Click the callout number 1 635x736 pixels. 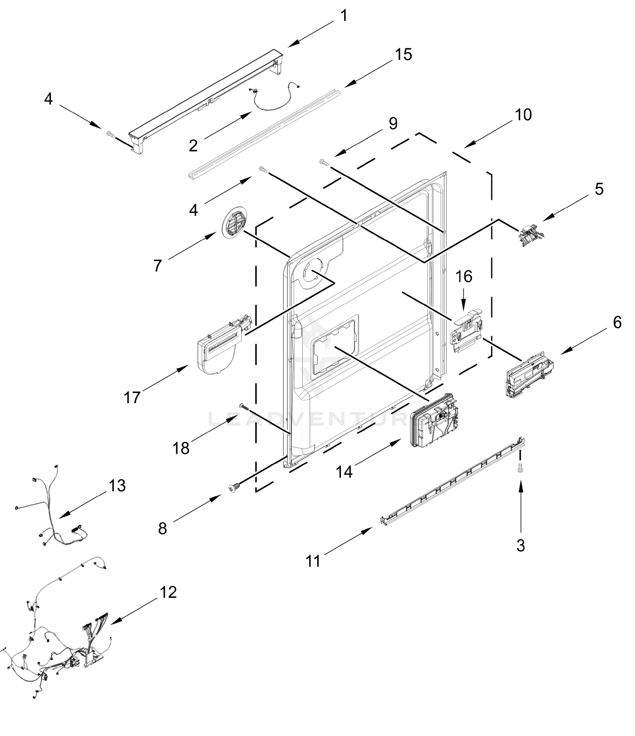[344, 16]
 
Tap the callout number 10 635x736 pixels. [523, 115]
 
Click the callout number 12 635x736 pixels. [168, 592]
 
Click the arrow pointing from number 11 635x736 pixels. [348, 540]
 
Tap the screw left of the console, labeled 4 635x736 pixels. [110, 134]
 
